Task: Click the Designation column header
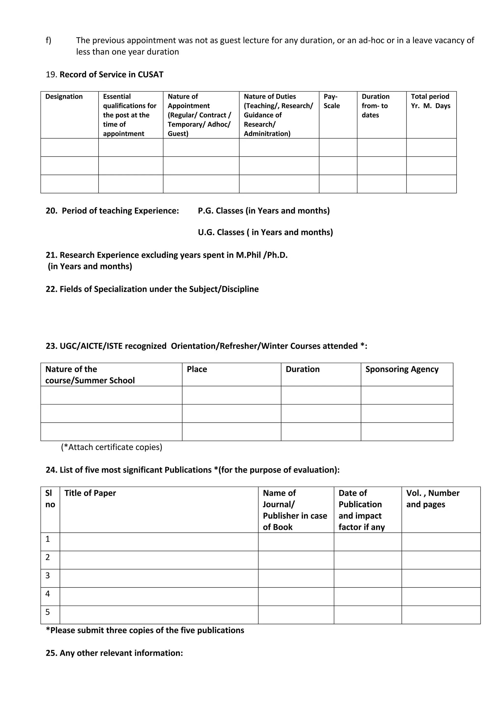(64, 97)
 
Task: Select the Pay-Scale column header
(331, 101)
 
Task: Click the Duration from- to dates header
(375, 106)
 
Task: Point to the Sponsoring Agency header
(402, 369)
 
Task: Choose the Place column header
(197, 369)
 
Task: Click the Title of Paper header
(90, 493)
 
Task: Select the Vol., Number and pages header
(433, 499)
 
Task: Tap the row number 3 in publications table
(48, 576)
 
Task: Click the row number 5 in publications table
(48, 612)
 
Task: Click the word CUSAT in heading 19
(150, 74)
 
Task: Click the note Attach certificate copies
(112, 447)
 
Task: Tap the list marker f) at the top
(48, 40)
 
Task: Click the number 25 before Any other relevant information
(51, 653)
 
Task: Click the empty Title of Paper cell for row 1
(159, 542)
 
